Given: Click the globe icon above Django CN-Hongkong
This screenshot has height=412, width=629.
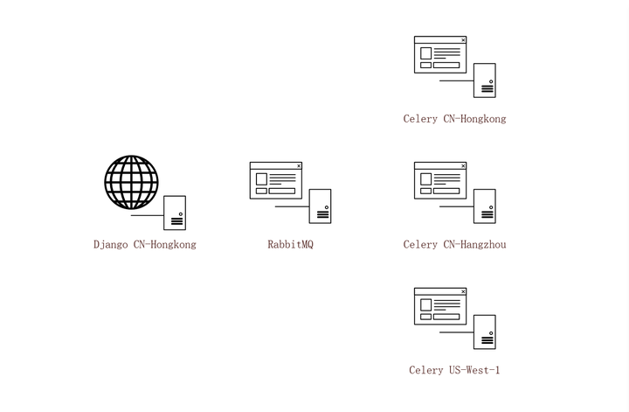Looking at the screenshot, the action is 131,182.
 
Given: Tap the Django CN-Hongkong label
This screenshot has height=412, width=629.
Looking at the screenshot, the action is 145,245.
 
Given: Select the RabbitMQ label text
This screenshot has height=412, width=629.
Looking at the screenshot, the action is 290,245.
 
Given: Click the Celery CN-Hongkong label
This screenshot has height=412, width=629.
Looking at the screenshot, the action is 454,119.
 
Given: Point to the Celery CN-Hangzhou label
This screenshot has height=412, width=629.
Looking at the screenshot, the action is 454,245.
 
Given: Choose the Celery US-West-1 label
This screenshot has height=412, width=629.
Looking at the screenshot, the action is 454,370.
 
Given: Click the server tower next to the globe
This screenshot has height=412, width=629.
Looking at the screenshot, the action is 175,213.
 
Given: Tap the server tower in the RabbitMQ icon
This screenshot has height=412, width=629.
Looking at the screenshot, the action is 320,206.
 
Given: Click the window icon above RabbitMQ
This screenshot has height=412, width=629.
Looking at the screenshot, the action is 275,180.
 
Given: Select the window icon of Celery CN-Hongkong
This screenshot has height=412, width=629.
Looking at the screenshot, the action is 440,54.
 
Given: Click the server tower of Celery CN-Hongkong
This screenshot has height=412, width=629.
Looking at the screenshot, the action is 485,80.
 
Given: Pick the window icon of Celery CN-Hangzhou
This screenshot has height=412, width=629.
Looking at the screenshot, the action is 440,180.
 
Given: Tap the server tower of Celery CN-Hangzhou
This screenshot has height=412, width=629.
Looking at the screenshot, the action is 485,206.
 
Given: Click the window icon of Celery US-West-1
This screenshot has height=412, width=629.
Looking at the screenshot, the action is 440,306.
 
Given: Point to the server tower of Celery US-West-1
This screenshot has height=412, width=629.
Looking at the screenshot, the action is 485,332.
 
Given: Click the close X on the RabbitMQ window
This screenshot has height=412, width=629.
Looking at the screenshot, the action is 299,165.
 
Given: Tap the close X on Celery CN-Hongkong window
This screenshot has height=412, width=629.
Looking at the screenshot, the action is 463,40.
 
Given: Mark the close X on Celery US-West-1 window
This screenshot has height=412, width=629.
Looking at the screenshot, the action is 463,291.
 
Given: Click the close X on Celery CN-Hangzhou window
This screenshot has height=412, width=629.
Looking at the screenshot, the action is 463,165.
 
